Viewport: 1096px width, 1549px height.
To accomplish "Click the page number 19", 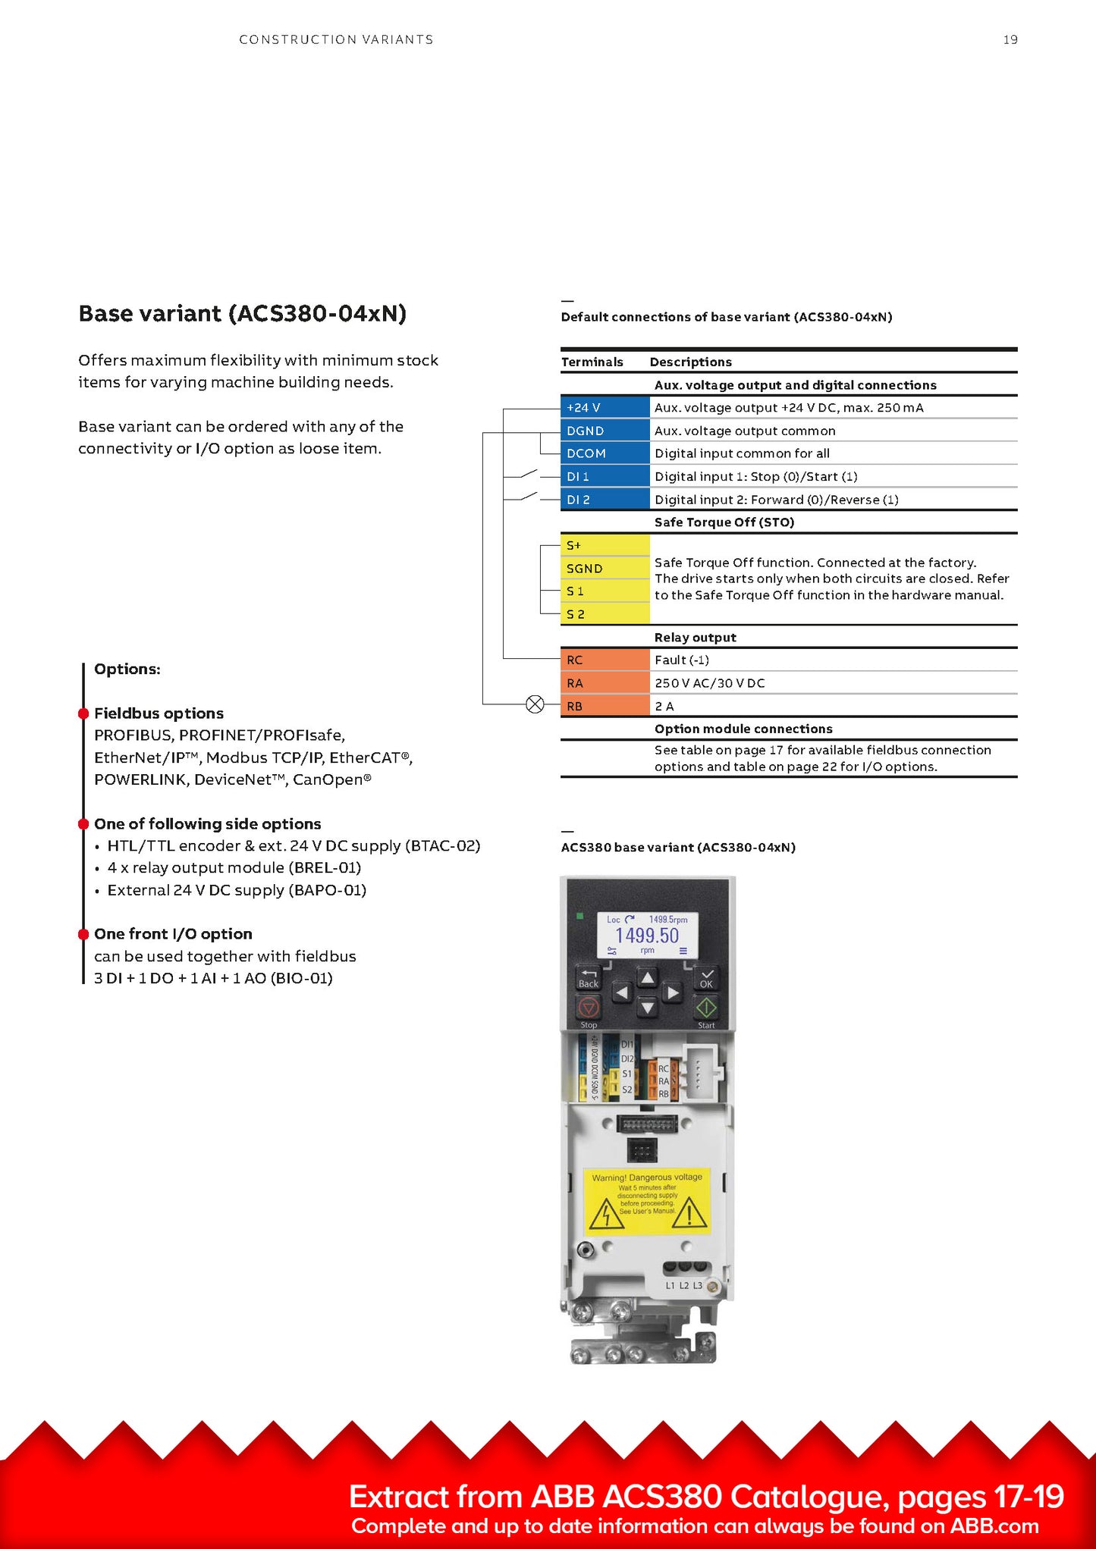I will (1010, 39).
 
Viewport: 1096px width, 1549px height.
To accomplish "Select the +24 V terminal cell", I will (605, 407).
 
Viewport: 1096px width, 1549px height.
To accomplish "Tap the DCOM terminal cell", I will (605, 453).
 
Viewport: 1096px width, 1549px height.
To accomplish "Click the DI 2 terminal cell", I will (605, 500).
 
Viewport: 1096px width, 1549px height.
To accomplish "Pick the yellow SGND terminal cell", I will (605, 569).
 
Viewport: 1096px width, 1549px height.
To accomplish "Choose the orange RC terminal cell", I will (605, 660).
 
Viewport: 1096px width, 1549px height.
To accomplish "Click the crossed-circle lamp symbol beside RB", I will (535, 705).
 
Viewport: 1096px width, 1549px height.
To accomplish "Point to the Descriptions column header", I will (690, 362).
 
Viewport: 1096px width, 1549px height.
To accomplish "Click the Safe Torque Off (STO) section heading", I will (724, 522).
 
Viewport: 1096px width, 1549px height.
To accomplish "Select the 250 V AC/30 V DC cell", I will (710, 683).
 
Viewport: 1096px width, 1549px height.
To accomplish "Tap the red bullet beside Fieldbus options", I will (83, 713).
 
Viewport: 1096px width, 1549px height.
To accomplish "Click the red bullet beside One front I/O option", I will (83, 934).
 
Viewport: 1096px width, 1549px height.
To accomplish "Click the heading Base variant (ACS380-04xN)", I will (243, 313).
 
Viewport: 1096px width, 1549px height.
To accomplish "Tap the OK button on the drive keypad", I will (706, 978).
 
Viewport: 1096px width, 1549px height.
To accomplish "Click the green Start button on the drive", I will (706, 1008).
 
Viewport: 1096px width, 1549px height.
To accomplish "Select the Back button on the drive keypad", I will (589, 978).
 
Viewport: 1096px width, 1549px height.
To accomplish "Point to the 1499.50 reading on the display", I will (647, 936).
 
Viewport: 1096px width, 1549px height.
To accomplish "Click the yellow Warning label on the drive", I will (647, 1201).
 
